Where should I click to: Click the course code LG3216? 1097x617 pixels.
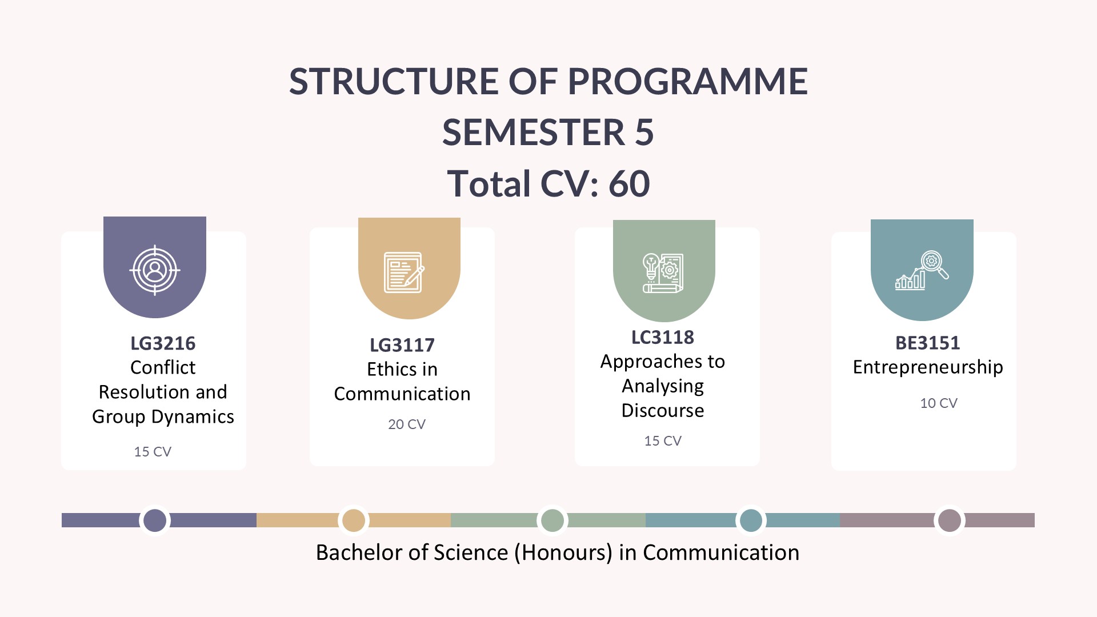(163, 343)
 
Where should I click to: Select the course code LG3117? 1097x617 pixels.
(402, 345)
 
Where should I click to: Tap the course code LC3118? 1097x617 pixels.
(663, 337)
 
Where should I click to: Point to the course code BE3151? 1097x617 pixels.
(928, 343)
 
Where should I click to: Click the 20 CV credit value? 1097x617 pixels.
(407, 424)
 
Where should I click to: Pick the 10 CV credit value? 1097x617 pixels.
(939, 403)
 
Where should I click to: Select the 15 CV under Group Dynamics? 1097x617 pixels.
(153, 451)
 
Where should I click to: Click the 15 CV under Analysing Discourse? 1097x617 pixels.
(663, 440)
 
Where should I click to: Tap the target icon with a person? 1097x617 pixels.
(155, 270)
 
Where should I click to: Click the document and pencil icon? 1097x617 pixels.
(404, 273)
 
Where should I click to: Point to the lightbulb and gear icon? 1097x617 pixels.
(663, 273)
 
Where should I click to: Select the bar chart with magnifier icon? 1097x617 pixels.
(922, 270)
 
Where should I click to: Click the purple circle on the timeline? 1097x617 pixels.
(155, 520)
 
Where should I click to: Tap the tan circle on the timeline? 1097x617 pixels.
(354, 520)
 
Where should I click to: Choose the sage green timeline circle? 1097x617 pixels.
(552, 520)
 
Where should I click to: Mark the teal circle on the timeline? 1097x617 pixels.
(751, 520)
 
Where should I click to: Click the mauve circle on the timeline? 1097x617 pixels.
(950, 520)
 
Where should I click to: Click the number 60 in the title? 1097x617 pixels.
(629, 184)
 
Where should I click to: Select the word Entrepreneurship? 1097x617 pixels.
(928, 367)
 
